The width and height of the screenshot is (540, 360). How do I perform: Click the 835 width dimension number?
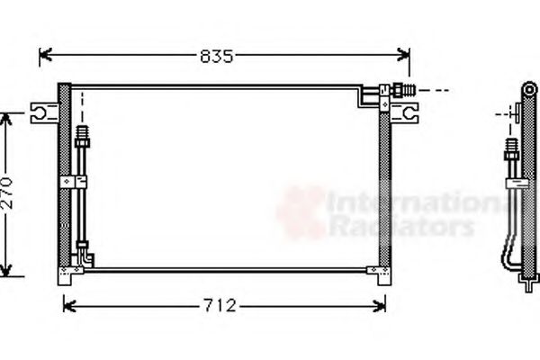pyautogui.click(x=217, y=57)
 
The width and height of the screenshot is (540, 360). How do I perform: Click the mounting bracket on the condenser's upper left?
pyautogui.click(x=41, y=112)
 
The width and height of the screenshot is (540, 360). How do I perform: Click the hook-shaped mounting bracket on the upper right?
pyautogui.click(x=409, y=112)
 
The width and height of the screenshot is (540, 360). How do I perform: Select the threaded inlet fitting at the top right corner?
pyautogui.click(x=402, y=90)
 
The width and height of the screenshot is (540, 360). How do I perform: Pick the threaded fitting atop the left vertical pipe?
pyautogui.click(x=83, y=137)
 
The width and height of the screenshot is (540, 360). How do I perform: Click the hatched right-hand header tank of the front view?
pyautogui.click(x=385, y=184)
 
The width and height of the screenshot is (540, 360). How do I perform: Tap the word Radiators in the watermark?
pyautogui.click(x=400, y=228)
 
